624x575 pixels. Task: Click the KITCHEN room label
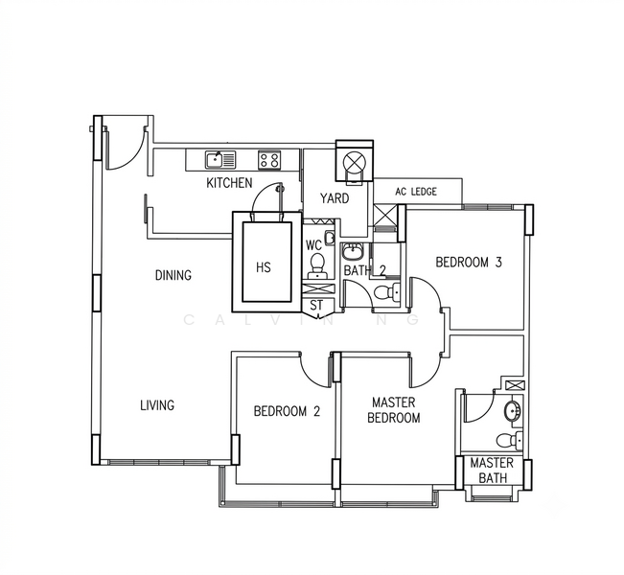229,183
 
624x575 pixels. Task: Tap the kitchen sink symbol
220,160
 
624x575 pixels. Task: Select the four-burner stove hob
269,160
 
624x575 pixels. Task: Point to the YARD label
335,197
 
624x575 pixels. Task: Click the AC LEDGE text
416,192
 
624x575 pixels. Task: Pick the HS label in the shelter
264,267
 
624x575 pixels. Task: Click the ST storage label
316,305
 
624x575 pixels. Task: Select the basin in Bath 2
353,251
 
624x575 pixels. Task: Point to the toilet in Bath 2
387,292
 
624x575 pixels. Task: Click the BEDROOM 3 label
469,263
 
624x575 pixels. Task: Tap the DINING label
173,275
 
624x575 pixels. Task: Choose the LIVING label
157,405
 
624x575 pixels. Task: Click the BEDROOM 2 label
287,411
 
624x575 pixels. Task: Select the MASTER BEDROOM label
394,410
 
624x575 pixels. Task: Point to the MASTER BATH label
493,470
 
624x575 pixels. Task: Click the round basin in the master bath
513,411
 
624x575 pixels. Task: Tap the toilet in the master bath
510,440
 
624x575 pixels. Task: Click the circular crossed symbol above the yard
352,162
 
